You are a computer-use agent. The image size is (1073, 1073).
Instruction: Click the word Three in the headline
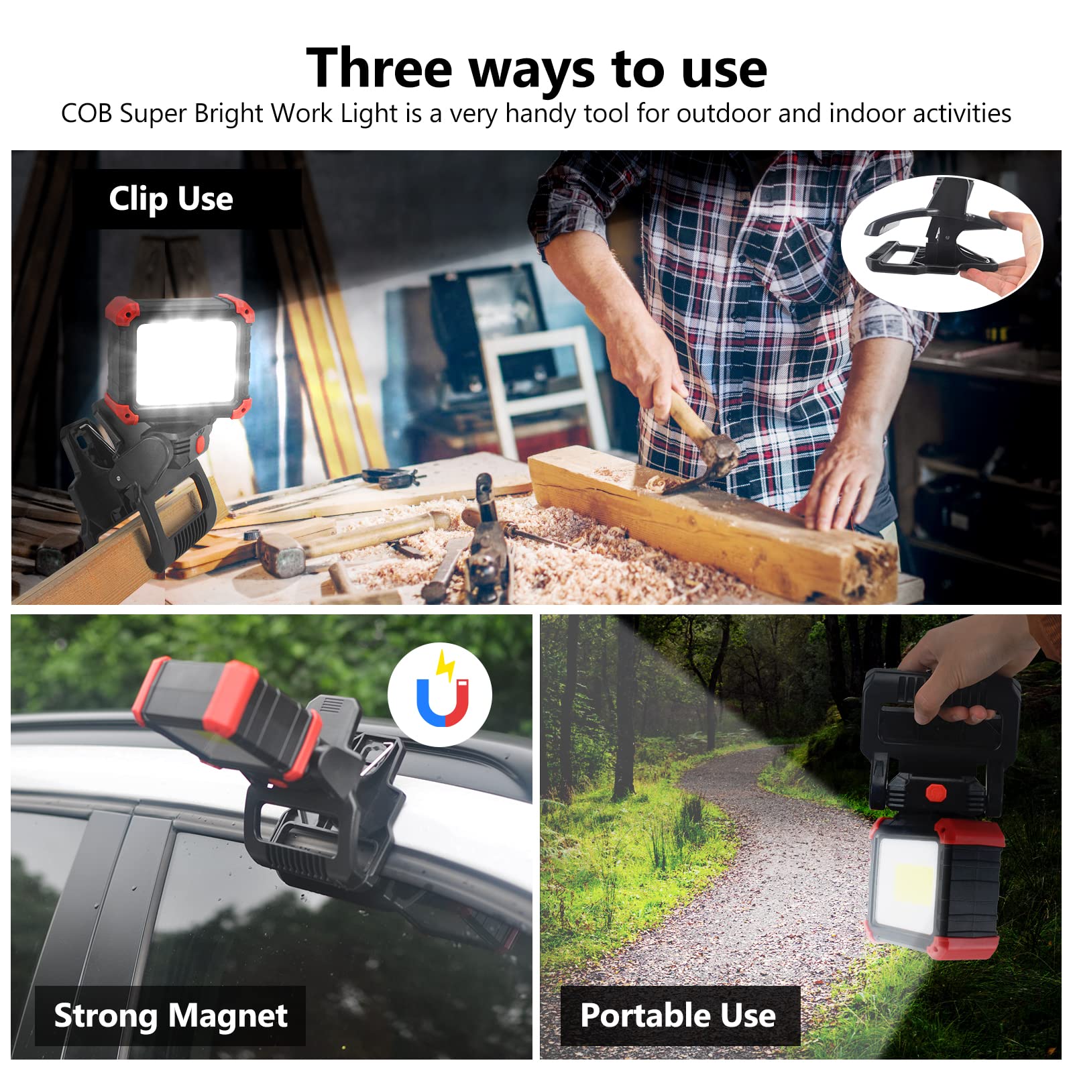(379, 68)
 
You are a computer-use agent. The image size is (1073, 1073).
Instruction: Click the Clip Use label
(171, 199)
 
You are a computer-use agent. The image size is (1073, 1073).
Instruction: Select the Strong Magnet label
(170, 1015)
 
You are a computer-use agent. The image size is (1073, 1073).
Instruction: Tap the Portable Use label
(678, 1015)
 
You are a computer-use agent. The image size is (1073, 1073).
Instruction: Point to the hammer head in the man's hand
(718, 453)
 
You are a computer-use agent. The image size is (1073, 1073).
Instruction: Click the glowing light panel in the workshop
(186, 363)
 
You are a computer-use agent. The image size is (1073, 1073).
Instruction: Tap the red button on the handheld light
(936, 793)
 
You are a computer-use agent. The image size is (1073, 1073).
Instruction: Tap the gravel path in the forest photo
(771, 872)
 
